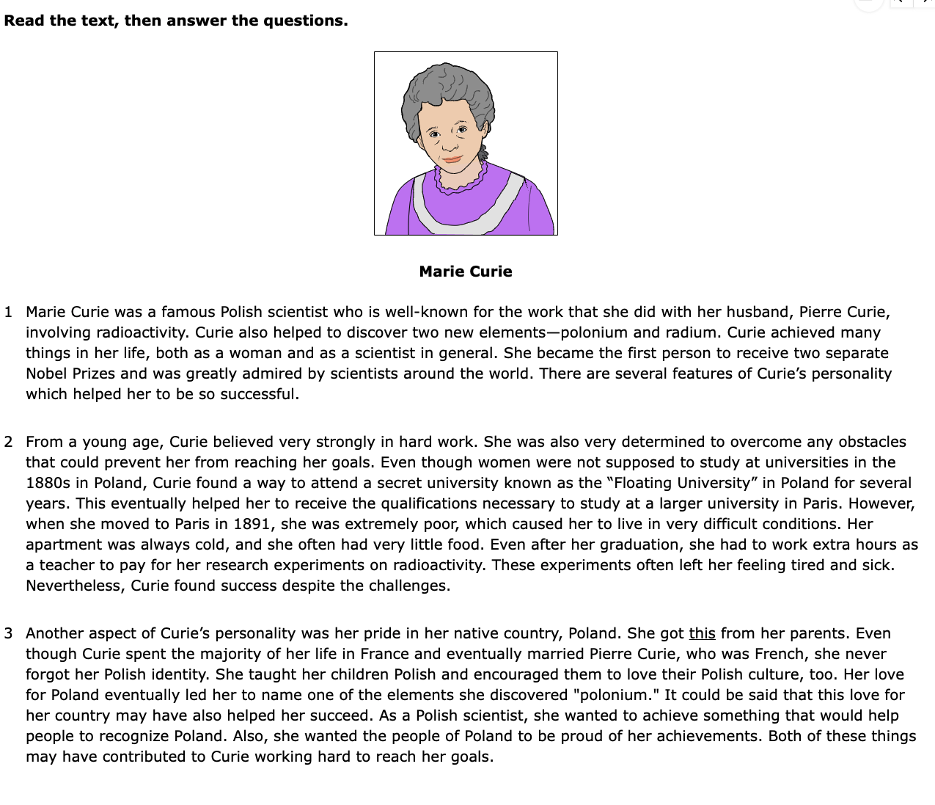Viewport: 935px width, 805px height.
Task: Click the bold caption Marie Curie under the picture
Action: tap(466, 272)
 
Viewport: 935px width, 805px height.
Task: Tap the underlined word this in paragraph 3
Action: tap(702, 633)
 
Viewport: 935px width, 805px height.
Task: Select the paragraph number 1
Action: tap(8, 312)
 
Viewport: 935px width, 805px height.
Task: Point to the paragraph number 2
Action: tap(8, 442)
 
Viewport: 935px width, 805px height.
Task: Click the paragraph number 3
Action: tap(8, 633)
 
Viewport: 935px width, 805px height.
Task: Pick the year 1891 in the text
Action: tap(252, 524)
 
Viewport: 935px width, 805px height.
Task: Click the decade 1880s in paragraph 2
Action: tap(47, 483)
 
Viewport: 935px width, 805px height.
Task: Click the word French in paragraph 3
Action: tap(780, 654)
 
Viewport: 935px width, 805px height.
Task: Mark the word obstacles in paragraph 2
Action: tap(872, 442)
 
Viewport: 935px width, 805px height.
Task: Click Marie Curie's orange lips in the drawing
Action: tap(451, 159)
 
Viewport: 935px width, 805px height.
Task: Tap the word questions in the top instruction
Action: tap(305, 21)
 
